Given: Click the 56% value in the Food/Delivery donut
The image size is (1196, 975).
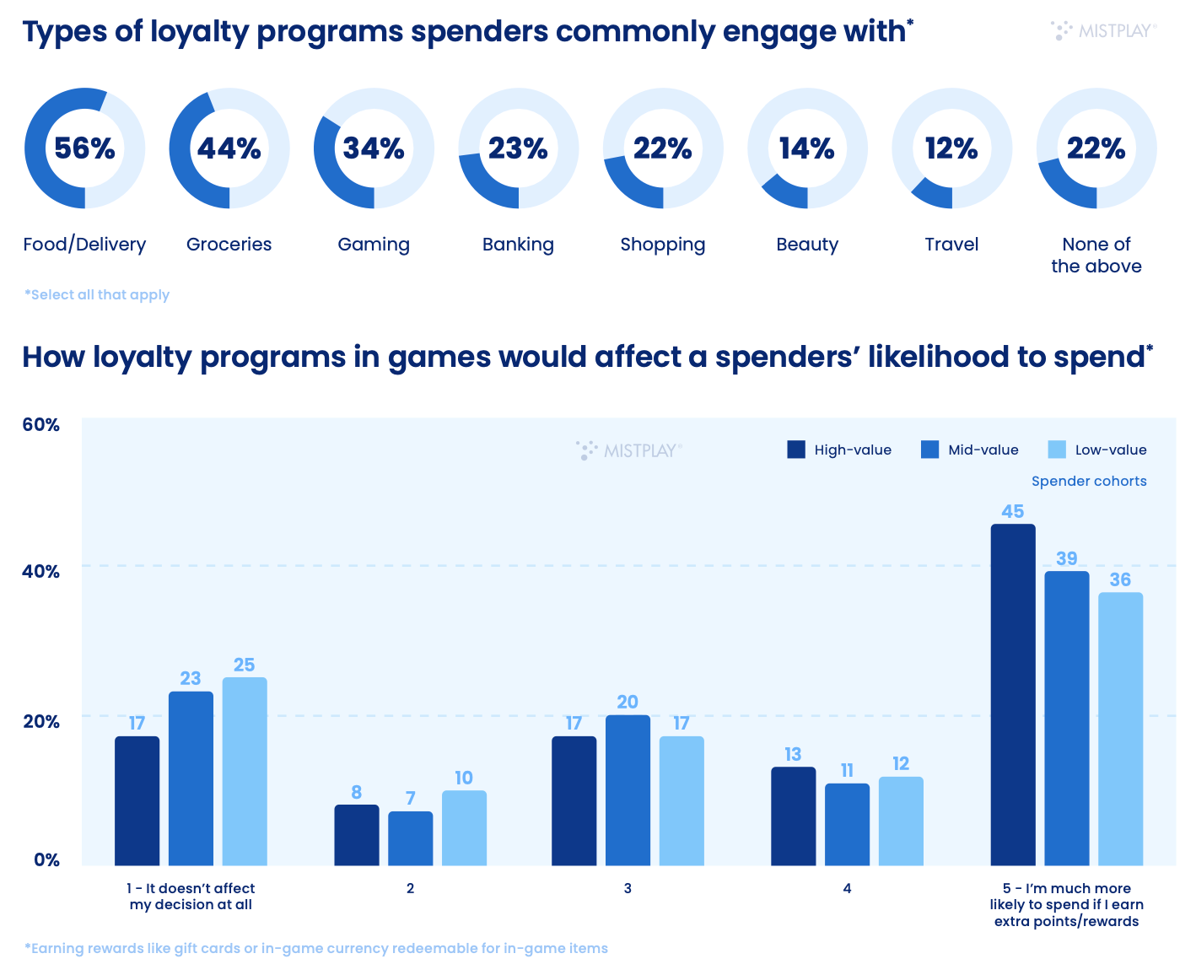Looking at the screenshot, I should pyautogui.click(x=84, y=148).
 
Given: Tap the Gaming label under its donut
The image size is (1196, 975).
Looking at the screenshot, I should pyautogui.click(x=374, y=245).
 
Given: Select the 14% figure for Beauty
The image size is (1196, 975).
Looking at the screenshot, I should pyautogui.click(x=807, y=148).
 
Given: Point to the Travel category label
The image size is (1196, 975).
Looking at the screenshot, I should pyautogui.click(x=951, y=245).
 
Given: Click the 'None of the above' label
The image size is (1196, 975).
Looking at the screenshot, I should pyautogui.click(x=1096, y=255).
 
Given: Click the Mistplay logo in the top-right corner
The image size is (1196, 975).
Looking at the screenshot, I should pyautogui.click(x=1104, y=31).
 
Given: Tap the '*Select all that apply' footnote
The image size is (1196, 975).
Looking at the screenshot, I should pyautogui.click(x=97, y=294).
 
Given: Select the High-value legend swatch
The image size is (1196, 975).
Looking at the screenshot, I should pyautogui.click(x=796, y=450).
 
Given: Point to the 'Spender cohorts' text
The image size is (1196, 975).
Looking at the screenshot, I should pyautogui.click(x=1089, y=481).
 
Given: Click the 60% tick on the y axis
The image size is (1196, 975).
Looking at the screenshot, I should pyautogui.click(x=41, y=424).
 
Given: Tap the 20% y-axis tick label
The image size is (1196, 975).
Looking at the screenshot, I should pyautogui.click(x=41, y=721).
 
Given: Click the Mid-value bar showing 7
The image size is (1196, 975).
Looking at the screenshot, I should pyautogui.click(x=410, y=838).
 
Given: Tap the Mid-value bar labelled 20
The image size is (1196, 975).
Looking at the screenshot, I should pyautogui.click(x=628, y=789).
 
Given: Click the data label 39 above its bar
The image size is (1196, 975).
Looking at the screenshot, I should pyautogui.click(x=1067, y=558).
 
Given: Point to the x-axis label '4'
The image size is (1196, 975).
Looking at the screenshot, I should pyautogui.click(x=847, y=888).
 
